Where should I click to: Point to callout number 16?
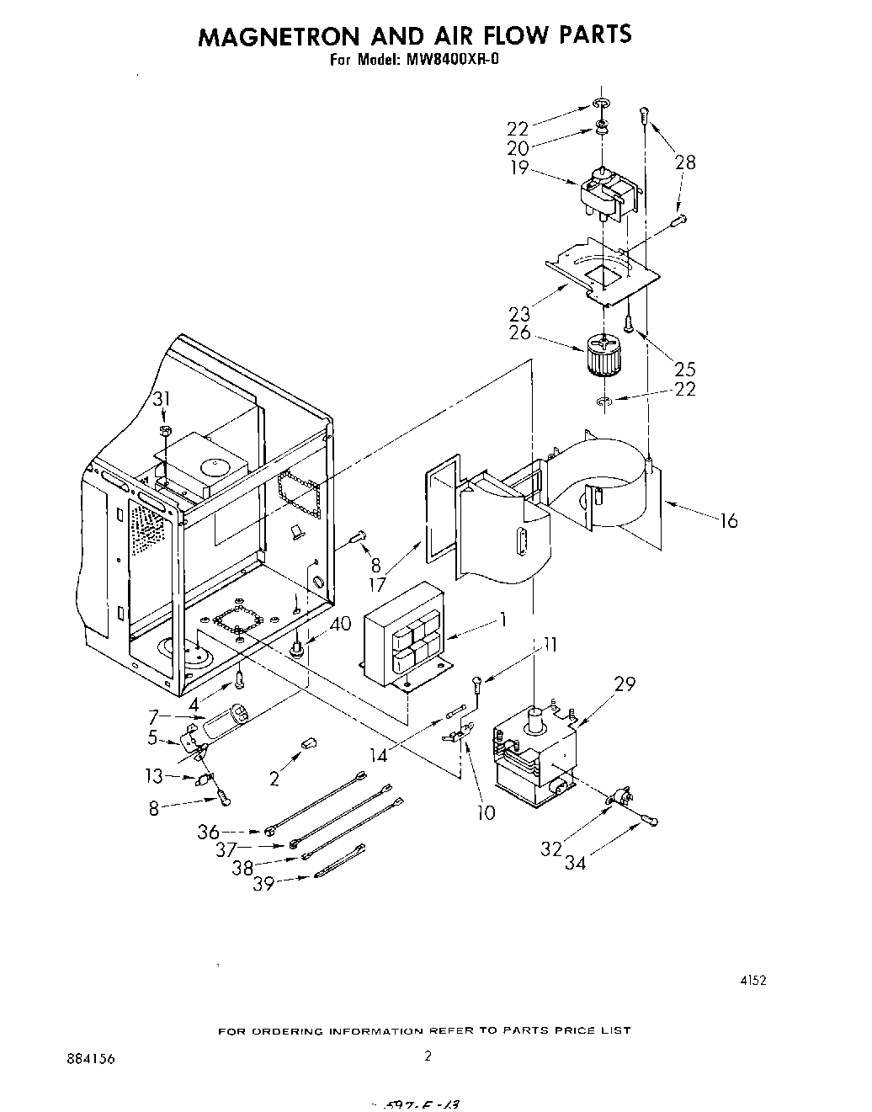(728, 522)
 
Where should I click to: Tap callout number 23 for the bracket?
(519, 314)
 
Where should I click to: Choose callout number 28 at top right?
(685, 162)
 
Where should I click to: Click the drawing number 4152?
(753, 979)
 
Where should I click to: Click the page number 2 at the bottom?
(428, 1056)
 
